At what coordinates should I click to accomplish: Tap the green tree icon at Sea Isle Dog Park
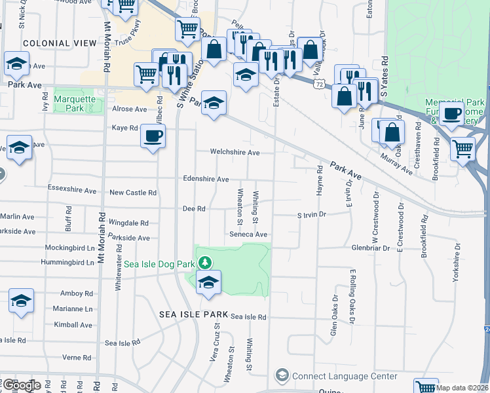pyautogui.click(x=206, y=263)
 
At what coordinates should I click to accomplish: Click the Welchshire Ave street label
pyautogui.click(x=235, y=153)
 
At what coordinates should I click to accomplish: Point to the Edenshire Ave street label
pyautogui.click(x=206, y=179)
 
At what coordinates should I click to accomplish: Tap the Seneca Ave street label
pyautogui.click(x=248, y=234)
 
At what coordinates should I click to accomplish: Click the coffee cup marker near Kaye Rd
pyautogui.click(x=153, y=136)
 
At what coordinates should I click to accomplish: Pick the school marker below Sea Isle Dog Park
pyautogui.click(x=209, y=283)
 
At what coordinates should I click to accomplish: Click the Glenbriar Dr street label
pyautogui.click(x=371, y=248)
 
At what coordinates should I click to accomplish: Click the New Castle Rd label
pyautogui.click(x=133, y=193)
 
